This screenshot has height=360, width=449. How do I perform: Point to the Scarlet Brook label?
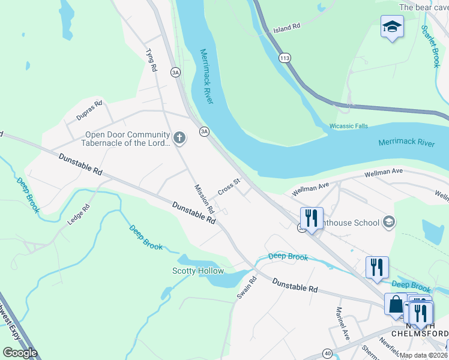click(x=430, y=46)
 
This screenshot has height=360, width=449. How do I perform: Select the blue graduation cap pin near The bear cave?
click(x=392, y=27)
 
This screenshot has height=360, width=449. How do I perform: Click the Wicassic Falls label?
click(x=349, y=126)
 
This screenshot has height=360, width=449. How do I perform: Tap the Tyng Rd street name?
click(x=151, y=61)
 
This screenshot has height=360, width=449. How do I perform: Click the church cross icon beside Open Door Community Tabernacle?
click(x=178, y=139)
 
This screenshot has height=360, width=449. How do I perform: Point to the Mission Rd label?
click(x=205, y=199)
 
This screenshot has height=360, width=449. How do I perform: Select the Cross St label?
click(x=229, y=187)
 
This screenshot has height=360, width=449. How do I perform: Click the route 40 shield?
click(x=327, y=353)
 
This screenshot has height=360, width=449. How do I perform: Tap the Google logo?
click(x=20, y=352)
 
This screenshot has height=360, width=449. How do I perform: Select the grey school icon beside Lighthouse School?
click(x=389, y=223)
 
